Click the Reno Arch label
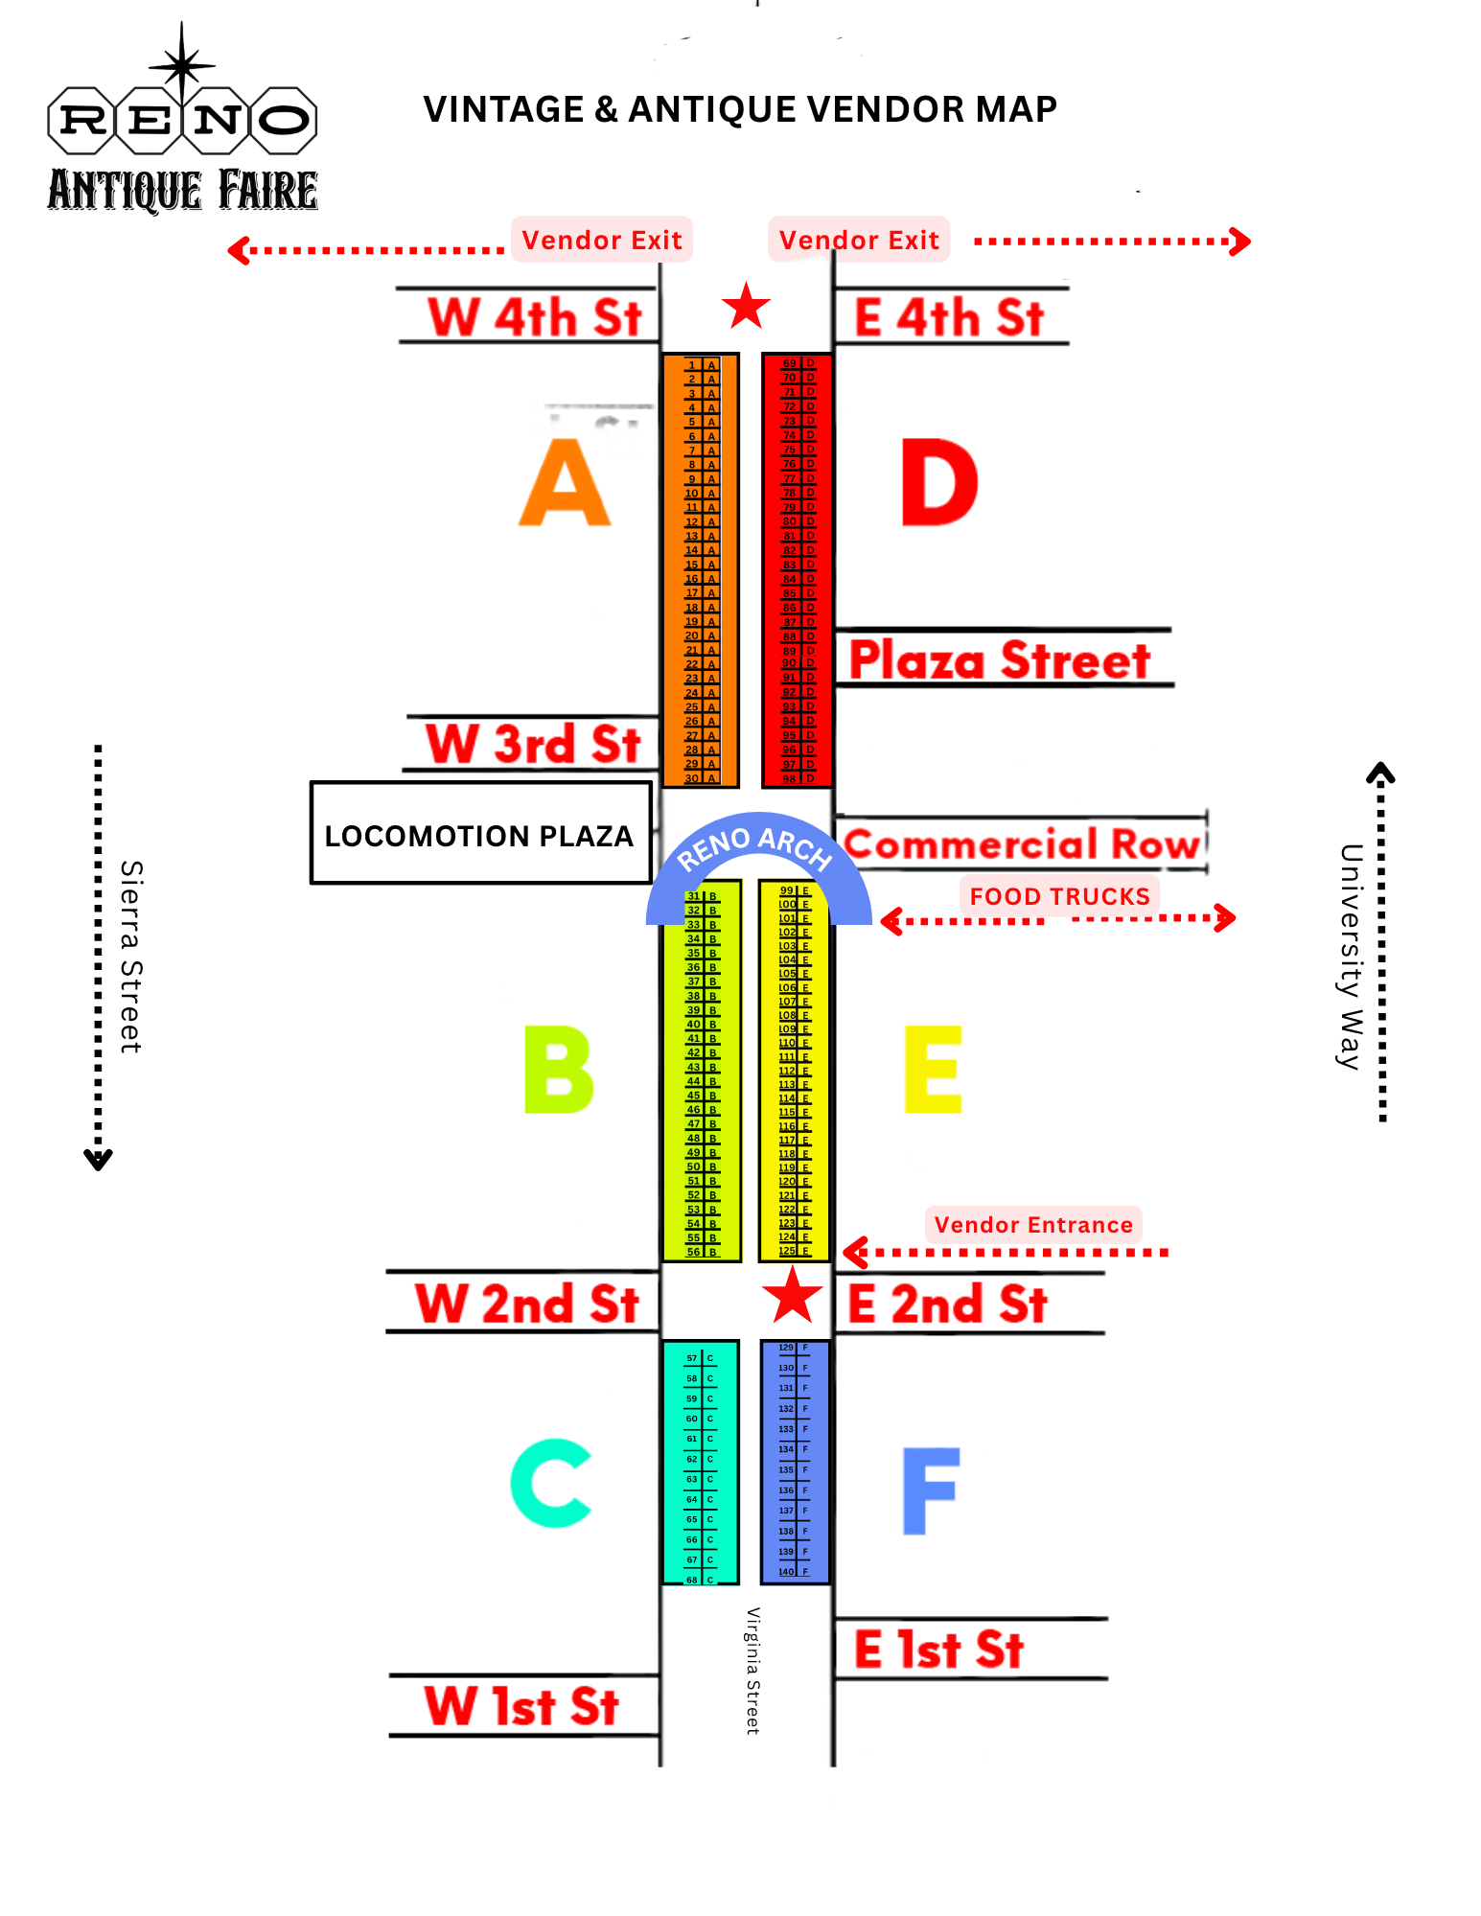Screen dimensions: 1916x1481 (x=754, y=845)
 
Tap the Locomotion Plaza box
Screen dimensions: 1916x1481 (x=480, y=834)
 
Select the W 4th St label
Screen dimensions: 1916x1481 (x=534, y=317)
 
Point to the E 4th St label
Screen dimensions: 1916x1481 (x=948, y=317)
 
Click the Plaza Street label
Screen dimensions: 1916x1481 (x=1000, y=660)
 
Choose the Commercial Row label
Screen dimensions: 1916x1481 (x=1022, y=844)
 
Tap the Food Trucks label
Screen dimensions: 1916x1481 (x=1059, y=896)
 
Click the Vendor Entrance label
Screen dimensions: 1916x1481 (x=1033, y=1225)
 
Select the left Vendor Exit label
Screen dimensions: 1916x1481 (x=601, y=240)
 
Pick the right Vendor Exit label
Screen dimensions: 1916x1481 (x=859, y=240)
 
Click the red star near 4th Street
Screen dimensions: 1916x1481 (x=746, y=307)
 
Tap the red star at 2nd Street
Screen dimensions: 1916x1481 (x=792, y=1296)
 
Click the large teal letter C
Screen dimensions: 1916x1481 (x=551, y=1483)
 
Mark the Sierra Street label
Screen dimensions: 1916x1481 (x=131, y=957)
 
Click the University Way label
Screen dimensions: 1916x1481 (x=1351, y=956)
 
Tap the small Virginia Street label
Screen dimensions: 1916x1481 (x=753, y=1671)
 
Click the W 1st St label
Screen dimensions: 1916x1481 (x=522, y=1706)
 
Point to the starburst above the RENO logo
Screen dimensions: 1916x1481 (x=181, y=65)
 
